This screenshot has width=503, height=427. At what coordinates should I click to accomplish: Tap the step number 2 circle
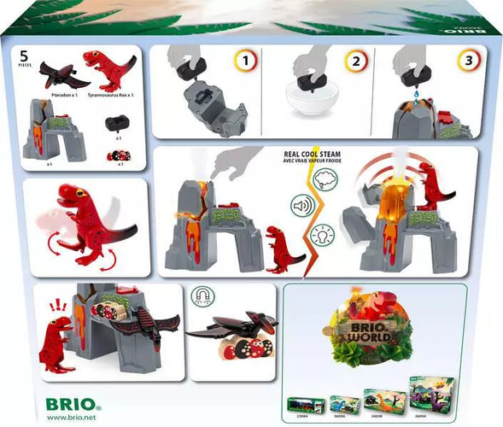358,61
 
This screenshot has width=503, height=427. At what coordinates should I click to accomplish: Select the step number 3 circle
466,61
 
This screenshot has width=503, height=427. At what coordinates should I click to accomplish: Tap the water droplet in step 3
408,100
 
